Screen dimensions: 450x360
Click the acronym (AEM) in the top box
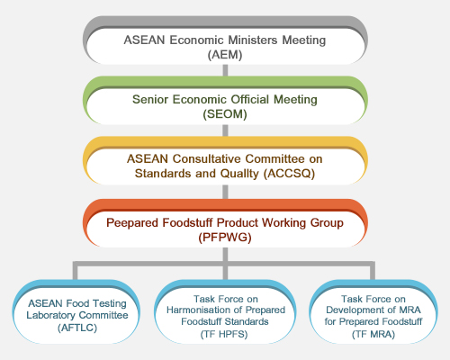225,55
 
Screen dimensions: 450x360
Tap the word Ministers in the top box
253,40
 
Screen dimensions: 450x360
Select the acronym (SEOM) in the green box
225,114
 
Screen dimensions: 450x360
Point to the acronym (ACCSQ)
289,174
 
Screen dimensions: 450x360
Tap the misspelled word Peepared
132,223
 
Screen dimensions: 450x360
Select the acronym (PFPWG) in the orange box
225,238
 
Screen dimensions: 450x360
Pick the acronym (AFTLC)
77,328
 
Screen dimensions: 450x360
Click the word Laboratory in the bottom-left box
51,315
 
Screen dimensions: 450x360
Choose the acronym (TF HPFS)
224,334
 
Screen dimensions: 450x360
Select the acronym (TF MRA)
373,334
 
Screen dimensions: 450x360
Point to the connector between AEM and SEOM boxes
225,70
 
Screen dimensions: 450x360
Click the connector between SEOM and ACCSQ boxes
225,130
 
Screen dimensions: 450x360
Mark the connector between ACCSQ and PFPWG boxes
225,192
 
